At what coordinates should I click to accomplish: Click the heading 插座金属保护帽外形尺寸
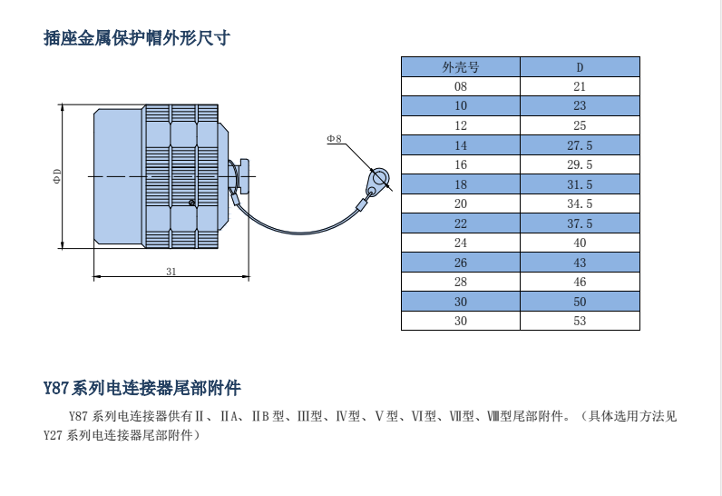pyautogui.click(x=136, y=38)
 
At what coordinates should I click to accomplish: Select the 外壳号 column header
pyautogui.click(x=461, y=67)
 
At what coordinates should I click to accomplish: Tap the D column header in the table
pyautogui.click(x=581, y=67)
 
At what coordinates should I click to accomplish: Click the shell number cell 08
pyautogui.click(x=461, y=86)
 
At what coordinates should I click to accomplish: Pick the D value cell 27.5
pyautogui.click(x=581, y=145)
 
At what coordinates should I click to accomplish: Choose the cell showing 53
pyautogui.click(x=581, y=321)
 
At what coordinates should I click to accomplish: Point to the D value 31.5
pyautogui.click(x=581, y=184)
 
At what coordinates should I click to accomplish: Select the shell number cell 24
pyautogui.click(x=461, y=243)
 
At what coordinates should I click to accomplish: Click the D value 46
pyautogui.click(x=581, y=282)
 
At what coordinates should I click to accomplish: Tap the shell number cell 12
pyautogui.click(x=461, y=125)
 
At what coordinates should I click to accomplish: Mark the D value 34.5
pyautogui.click(x=581, y=204)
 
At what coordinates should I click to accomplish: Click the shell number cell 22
pyautogui.click(x=461, y=223)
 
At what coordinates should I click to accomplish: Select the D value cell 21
pyautogui.click(x=581, y=86)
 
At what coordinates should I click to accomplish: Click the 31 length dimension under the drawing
pyautogui.click(x=171, y=271)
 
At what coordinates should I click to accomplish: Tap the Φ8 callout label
pyautogui.click(x=334, y=139)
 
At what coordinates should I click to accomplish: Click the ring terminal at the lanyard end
pyautogui.click(x=379, y=176)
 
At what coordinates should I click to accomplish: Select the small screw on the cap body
pyautogui.click(x=190, y=202)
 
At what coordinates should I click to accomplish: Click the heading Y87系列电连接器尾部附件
pyautogui.click(x=142, y=388)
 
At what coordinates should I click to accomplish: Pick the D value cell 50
pyautogui.click(x=581, y=302)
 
